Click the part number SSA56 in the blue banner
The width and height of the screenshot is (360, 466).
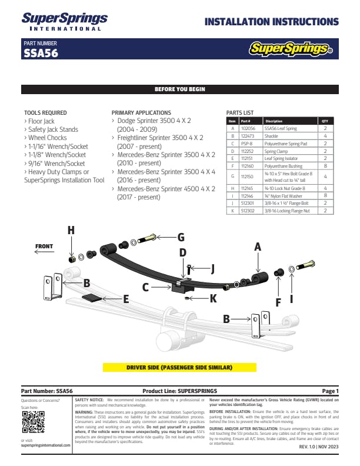(40, 52)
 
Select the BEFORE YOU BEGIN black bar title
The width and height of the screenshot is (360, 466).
(179, 89)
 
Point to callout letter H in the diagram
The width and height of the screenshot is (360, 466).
(71, 231)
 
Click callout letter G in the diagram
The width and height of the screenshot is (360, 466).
(181, 237)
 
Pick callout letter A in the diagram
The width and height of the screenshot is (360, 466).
(257, 248)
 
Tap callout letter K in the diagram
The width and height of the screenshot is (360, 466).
(212, 298)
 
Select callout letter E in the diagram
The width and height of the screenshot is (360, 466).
(126, 299)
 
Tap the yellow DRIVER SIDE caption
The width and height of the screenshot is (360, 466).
(179, 367)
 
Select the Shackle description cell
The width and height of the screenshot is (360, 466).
(271, 135)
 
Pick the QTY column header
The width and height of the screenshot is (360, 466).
(325, 121)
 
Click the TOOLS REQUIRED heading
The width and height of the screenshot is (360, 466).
(45, 112)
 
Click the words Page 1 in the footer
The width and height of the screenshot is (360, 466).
(330, 391)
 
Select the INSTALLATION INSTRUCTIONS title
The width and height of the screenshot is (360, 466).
(271, 22)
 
